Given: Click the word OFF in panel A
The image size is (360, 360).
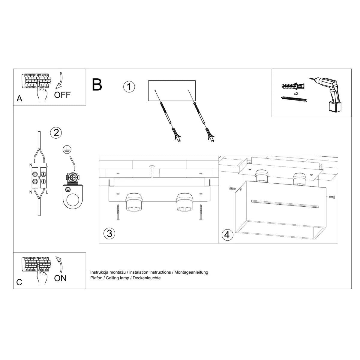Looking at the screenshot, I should pyautogui.click(x=62, y=95).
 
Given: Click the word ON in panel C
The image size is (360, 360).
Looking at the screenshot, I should pyautogui.click(x=60, y=278).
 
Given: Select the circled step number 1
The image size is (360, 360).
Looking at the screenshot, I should pyautogui.click(x=129, y=87).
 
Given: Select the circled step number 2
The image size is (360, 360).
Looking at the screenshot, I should pyautogui.click(x=56, y=132).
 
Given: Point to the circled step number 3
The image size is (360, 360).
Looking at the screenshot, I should pyautogui.click(x=109, y=233).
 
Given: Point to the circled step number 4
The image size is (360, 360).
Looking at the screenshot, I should pyautogui.click(x=227, y=234).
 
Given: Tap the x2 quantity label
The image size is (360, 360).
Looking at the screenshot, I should pyautogui.click(x=296, y=94).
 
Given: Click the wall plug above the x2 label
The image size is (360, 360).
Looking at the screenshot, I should pyautogui.click(x=293, y=86).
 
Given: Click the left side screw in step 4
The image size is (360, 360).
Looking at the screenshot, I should pyautogui.click(x=232, y=189).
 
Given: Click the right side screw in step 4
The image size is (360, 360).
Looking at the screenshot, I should pyautogui.click(x=331, y=197).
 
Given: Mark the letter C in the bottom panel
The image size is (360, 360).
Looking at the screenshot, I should pyautogui.click(x=19, y=282).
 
